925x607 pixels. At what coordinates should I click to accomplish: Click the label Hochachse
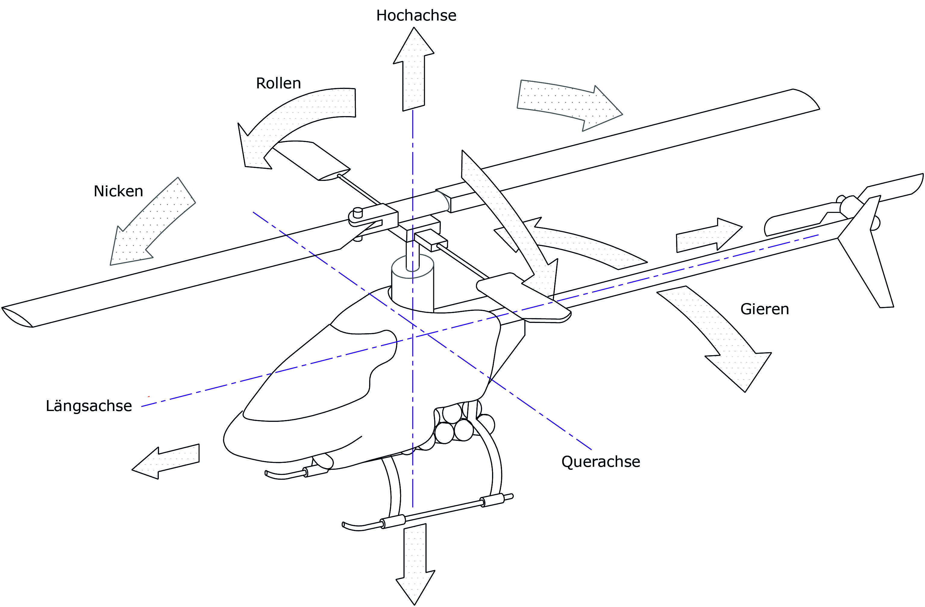pos(416,16)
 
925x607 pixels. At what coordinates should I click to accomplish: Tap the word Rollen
pos(278,83)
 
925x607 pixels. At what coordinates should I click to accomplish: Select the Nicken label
pos(118,191)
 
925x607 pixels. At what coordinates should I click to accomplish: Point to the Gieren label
pos(764,309)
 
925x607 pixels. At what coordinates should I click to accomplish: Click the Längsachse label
pos(89,406)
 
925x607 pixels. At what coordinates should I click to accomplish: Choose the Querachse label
pos(600,462)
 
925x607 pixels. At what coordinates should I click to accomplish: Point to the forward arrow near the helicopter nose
pos(167,461)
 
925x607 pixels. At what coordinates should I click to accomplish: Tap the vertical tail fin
pos(867,253)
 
